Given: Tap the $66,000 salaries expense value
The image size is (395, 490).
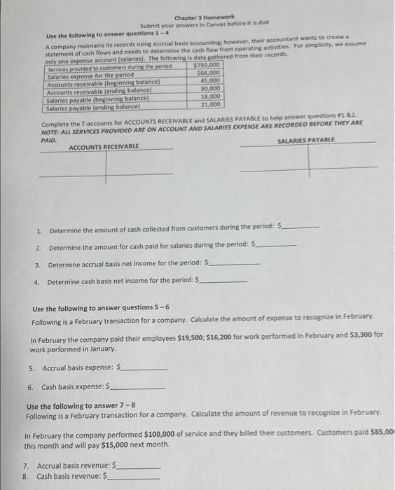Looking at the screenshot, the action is (x=209, y=73).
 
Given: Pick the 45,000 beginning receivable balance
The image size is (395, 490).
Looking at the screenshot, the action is (x=209, y=80).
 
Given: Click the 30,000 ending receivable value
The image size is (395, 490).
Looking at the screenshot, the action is (x=209, y=88).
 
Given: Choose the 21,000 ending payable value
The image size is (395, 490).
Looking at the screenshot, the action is (x=210, y=104).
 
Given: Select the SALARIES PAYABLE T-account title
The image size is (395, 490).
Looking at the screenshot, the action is (x=306, y=140).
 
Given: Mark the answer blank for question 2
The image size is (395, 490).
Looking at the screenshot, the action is (x=277, y=246).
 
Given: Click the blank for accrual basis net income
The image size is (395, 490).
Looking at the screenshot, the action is (x=235, y=265).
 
